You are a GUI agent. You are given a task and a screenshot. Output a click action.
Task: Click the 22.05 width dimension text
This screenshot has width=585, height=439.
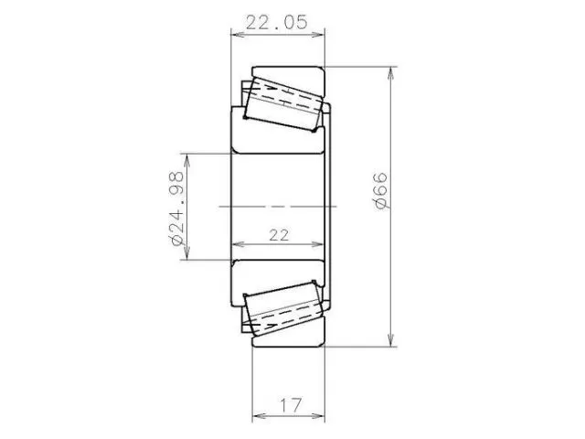point(276,22)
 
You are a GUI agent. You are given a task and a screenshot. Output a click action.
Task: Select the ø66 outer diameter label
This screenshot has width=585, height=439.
point(380,191)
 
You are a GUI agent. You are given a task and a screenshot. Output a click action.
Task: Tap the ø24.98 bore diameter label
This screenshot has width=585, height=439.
point(176,208)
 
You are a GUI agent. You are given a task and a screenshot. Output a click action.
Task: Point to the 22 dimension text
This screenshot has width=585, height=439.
point(279,235)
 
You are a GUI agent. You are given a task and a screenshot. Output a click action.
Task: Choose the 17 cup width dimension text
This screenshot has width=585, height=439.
point(291,405)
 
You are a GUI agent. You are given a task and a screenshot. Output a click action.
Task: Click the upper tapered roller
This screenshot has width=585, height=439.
point(283,103)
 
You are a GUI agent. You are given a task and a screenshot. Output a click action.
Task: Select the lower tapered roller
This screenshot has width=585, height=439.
point(283,308)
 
